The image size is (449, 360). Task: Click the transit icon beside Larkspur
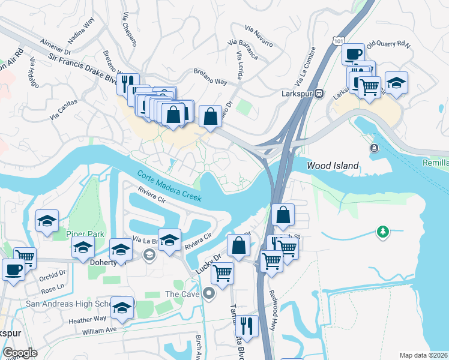point(320,93)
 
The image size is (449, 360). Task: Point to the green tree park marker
point(381,231)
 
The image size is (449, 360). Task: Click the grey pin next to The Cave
point(209,294)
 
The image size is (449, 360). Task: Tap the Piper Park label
point(85,234)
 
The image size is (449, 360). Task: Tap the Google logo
point(20,353)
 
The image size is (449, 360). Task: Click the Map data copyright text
point(423,355)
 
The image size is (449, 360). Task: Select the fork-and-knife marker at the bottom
point(247,325)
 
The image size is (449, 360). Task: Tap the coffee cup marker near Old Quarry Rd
point(353,54)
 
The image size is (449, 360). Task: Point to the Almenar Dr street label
point(56,46)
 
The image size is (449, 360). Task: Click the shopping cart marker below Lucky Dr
point(223,273)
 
